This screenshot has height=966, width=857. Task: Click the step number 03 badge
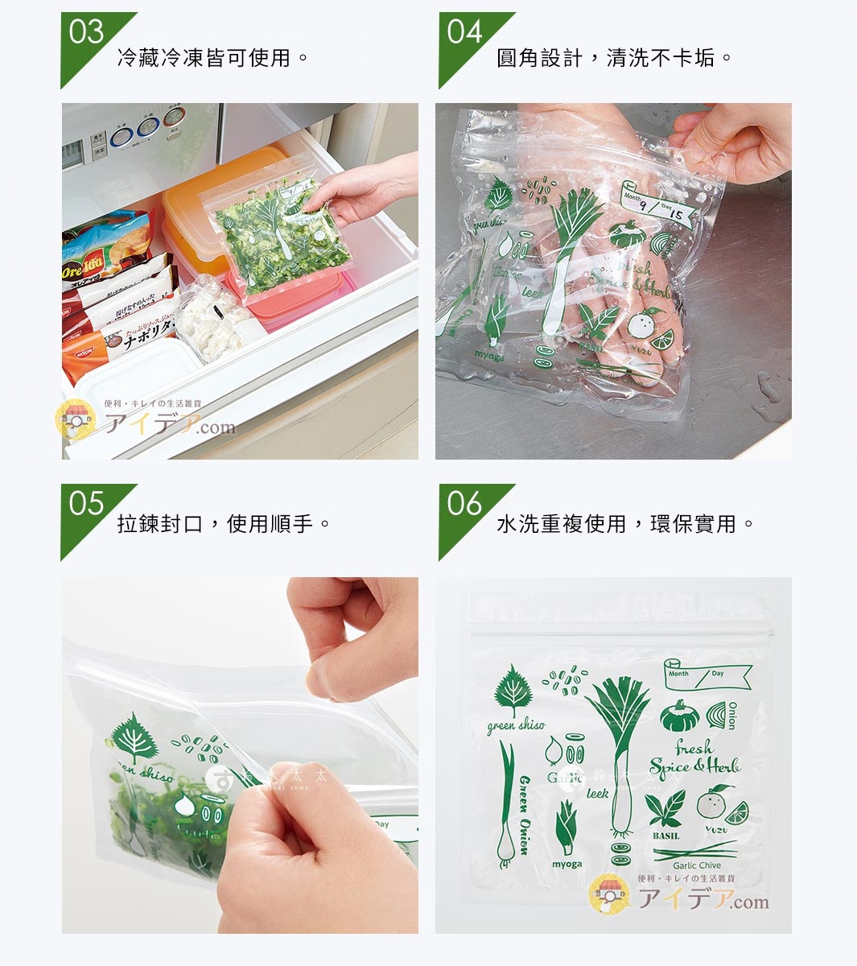[85, 34]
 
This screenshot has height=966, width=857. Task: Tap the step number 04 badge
[464, 34]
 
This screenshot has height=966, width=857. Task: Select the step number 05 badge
[85, 505]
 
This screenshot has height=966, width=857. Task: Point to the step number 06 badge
[464, 505]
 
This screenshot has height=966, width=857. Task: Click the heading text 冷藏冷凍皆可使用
[213, 58]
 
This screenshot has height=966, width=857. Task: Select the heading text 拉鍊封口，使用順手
[224, 524]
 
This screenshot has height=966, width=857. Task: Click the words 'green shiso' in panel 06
[516, 725]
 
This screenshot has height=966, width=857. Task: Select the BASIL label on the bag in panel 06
[666, 836]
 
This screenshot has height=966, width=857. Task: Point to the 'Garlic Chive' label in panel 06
[697, 865]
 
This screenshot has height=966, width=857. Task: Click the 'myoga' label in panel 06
[567, 865]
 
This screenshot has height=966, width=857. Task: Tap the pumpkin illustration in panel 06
[678, 715]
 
